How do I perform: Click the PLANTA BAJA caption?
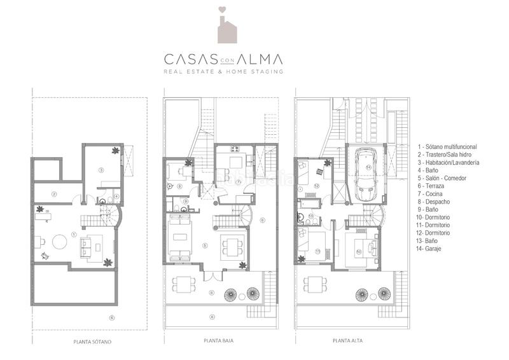(x=218, y=341)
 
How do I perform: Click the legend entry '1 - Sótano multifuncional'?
(x=447, y=146)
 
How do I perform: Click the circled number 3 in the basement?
(x=101, y=170)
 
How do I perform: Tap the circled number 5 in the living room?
(x=205, y=245)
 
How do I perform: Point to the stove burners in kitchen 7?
(x=234, y=150)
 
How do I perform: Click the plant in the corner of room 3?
(x=115, y=151)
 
